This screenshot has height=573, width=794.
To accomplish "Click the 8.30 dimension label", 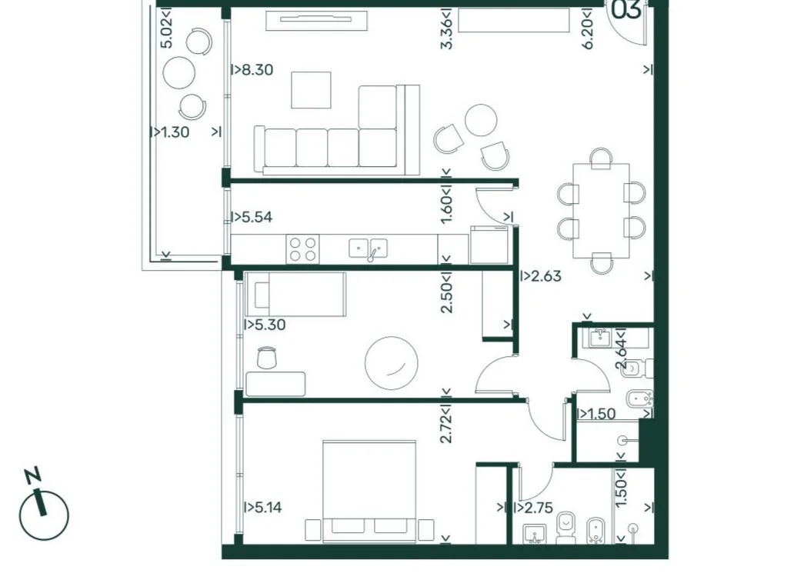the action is click(x=252, y=69).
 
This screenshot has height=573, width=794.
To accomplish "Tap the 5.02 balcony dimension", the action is click(x=166, y=28).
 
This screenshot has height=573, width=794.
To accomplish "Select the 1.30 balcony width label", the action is click(x=169, y=132).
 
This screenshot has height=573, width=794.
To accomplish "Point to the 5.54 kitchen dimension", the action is click(x=252, y=217).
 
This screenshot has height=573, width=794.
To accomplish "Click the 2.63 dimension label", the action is click(x=541, y=276).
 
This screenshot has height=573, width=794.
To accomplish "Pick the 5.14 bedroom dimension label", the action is click(x=263, y=507).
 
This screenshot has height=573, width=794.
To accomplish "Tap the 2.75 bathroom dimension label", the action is click(x=533, y=508).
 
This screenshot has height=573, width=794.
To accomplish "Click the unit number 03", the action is click(x=626, y=10).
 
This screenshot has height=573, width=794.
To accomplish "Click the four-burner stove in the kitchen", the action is click(x=303, y=249).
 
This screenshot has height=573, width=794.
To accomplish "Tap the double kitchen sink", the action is click(x=368, y=248).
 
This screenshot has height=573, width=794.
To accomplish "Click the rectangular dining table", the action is click(x=601, y=211).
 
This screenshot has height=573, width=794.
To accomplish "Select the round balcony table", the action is click(x=178, y=72).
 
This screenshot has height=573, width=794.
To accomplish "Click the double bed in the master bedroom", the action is click(x=369, y=486).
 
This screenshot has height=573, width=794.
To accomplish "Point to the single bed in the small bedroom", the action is click(x=295, y=294).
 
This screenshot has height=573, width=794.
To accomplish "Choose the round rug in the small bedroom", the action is click(x=392, y=363).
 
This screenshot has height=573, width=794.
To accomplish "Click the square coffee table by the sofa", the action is click(x=311, y=90).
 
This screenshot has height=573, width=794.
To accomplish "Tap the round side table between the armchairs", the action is click(x=481, y=120).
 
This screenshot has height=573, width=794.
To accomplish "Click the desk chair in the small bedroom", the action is click(x=267, y=358).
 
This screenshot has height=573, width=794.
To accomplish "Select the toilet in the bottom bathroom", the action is click(x=565, y=527).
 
